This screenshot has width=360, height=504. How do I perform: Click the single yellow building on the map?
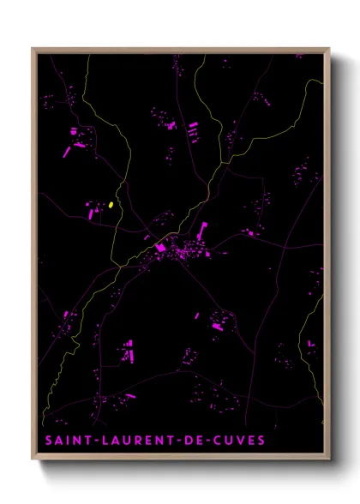[111, 205]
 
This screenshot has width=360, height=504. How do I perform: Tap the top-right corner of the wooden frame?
[329, 49]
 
